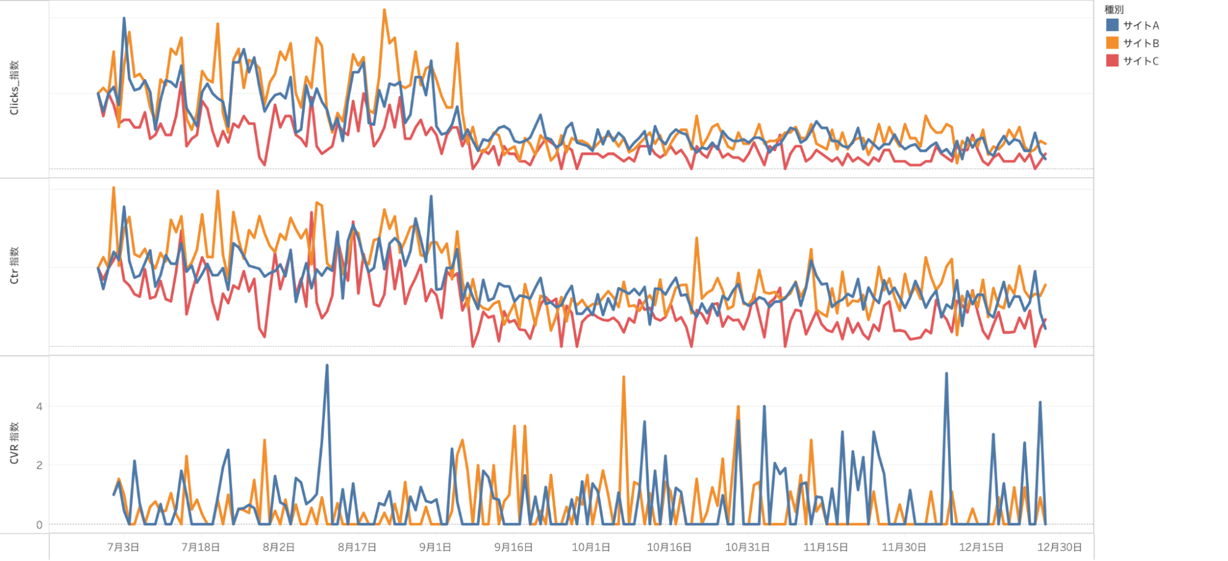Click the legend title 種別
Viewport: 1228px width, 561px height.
tap(1114, 9)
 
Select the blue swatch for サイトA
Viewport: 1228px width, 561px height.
tap(1112, 25)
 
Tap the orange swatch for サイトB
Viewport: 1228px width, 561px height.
tap(1112, 43)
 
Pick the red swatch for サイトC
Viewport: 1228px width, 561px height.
tap(1112, 61)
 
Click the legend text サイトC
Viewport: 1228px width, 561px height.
tap(1141, 61)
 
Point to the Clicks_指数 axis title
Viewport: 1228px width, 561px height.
tap(14, 88)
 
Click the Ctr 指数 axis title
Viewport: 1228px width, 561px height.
tap(14, 265)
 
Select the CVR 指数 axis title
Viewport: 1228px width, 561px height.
tap(14, 443)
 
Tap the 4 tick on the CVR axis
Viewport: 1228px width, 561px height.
tap(39, 406)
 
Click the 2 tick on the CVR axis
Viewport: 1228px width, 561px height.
tap(39, 465)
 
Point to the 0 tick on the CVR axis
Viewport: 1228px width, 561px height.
tap(39, 525)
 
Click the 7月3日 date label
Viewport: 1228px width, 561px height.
tap(123, 547)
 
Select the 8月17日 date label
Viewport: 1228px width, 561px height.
tap(357, 547)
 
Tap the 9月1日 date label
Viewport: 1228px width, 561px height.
tap(435, 547)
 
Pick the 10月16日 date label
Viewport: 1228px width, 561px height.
tap(669, 547)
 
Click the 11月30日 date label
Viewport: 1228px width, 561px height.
tap(904, 547)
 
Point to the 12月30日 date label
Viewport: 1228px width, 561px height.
tap(1059, 547)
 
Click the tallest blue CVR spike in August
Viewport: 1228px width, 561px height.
tap(327, 366)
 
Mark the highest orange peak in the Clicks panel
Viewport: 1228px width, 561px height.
tap(385, 10)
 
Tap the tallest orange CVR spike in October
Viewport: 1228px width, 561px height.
tap(624, 377)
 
